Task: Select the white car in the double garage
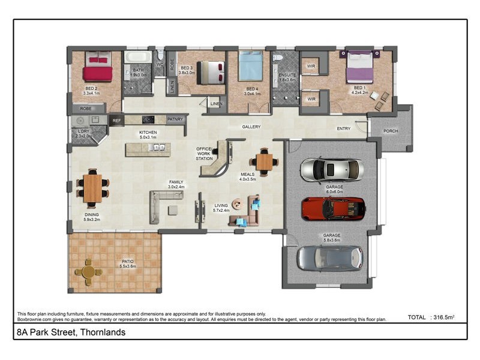click(x=331, y=170)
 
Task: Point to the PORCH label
click(x=391, y=131)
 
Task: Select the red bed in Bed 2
click(x=98, y=67)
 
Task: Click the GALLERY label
click(x=251, y=127)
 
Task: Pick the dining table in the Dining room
click(x=93, y=188)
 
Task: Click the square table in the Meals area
click(x=264, y=161)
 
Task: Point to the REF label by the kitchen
click(x=116, y=119)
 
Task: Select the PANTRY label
click(x=175, y=119)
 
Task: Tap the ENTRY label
click(x=344, y=128)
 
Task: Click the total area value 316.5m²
click(x=443, y=317)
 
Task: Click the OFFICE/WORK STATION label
click(x=205, y=154)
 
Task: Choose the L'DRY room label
click(x=84, y=132)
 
